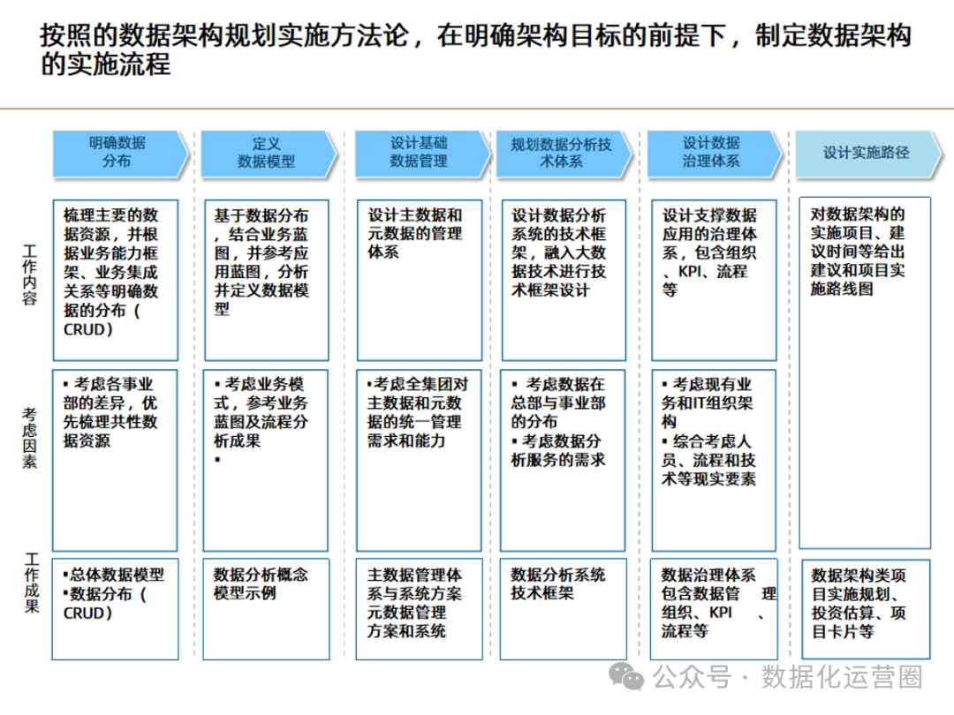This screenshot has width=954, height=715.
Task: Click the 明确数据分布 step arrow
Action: [119, 153]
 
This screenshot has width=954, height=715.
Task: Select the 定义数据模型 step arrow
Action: [267, 153]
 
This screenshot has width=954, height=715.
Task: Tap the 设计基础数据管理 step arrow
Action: [420, 153]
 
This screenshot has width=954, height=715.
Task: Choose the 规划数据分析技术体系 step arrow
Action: [563, 153]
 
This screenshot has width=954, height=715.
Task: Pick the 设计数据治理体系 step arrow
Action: [712, 153]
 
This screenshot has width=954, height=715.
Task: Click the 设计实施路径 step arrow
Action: [866, 153]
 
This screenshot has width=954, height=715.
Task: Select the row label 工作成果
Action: [31, 583]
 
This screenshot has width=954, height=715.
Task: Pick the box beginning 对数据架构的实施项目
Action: [864, 371]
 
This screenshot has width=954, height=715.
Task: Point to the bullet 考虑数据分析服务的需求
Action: [558, 450]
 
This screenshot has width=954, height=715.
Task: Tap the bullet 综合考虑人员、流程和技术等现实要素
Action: [709, 460]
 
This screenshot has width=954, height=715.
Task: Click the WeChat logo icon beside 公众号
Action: [631, 677]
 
